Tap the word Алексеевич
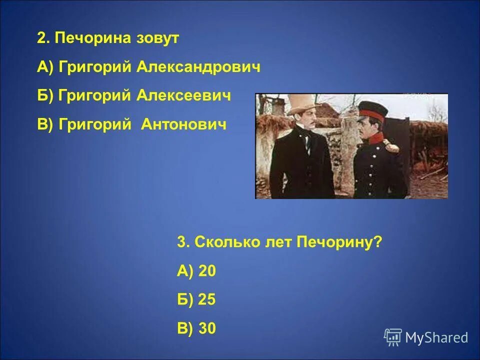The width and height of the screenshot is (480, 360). pos(184,96)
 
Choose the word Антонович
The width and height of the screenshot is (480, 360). pos(184,124)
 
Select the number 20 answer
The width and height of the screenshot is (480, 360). pos(207,271)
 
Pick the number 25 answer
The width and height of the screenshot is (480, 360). pos(207,299)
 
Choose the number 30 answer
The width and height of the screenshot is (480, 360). pos(207,328)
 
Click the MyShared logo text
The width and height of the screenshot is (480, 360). pos(436,338)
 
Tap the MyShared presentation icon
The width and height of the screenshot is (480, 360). pos(393,337)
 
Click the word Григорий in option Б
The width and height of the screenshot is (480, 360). pos(94,96)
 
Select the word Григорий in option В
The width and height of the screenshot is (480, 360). pos(94,124)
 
